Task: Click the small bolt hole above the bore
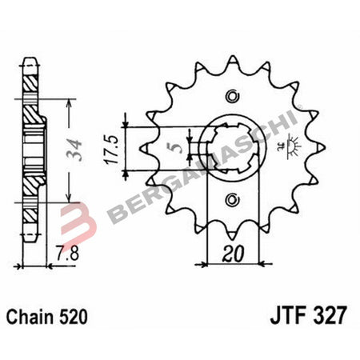232,98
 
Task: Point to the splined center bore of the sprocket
231,148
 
